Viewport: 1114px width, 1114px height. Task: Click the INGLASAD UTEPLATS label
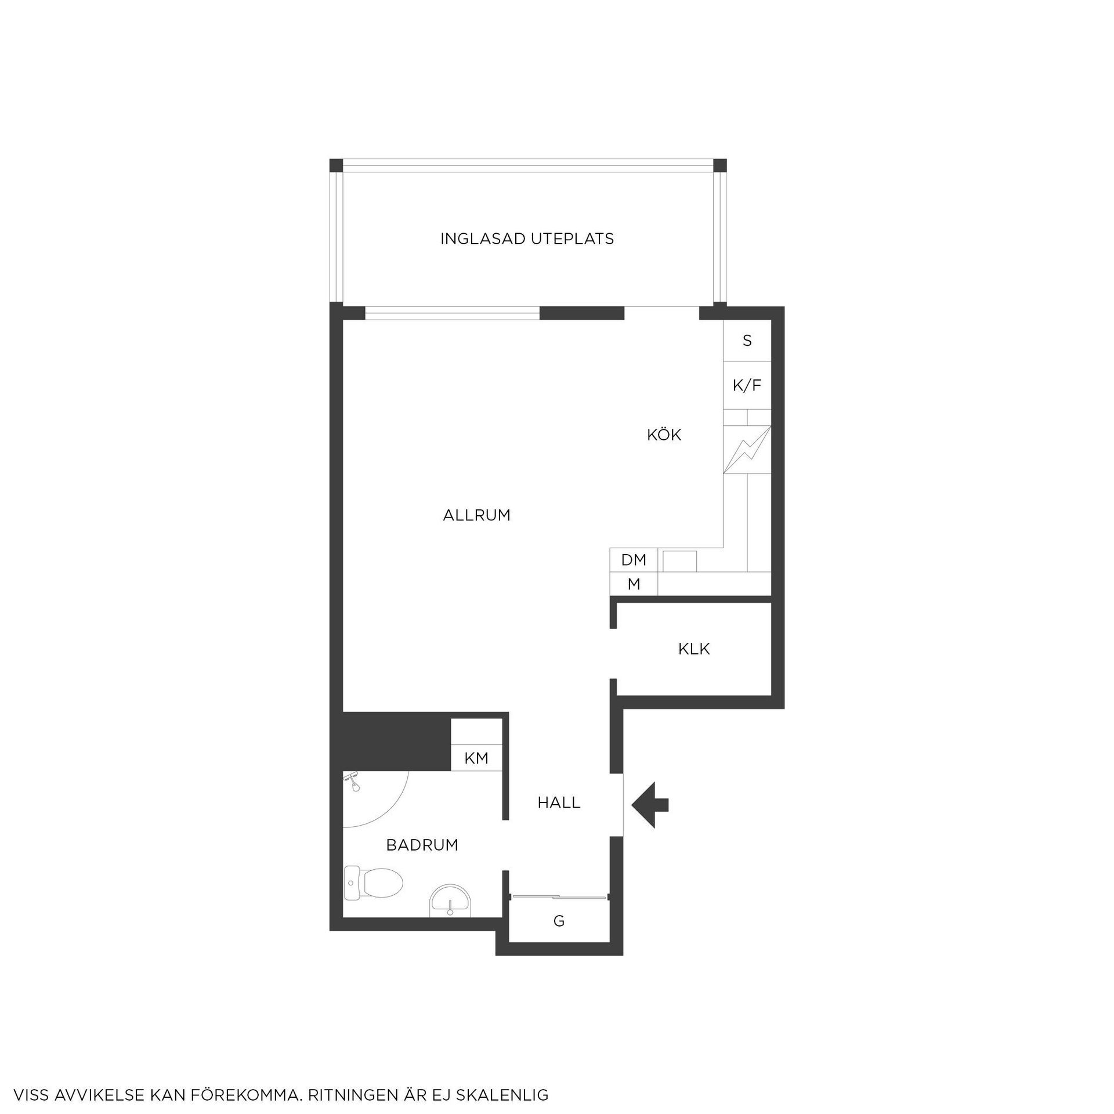tap(527, 239)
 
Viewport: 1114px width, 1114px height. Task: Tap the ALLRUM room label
tap(476, 515)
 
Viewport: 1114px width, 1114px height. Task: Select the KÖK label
tap(664, 435)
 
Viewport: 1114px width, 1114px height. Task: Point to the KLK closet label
tap(694, 649)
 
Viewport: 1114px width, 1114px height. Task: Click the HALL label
tap(559, 802)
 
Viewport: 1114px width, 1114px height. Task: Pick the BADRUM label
tap(422, 845)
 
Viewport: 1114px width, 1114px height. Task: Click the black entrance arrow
tap(650, 805)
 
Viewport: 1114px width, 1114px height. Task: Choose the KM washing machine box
tap(476, 758)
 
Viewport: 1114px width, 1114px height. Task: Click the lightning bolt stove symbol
tap(747, 450)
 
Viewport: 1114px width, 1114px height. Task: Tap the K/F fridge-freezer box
tap(747, 385)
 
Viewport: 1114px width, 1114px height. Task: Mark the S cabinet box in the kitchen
tap(747, 341)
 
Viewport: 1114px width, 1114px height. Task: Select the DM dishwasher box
tap(634, 560)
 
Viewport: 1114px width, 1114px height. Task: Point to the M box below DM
tap(634, 584)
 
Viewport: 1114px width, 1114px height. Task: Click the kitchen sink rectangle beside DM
tap(680, 561)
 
